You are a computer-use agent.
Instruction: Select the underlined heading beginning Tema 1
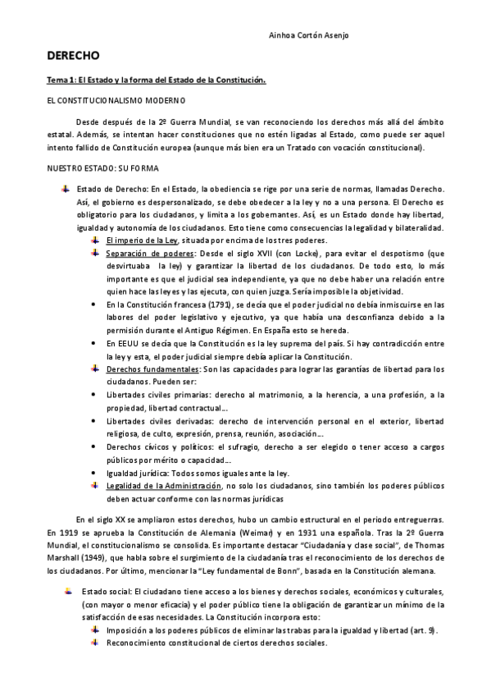[x=155, y=80]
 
